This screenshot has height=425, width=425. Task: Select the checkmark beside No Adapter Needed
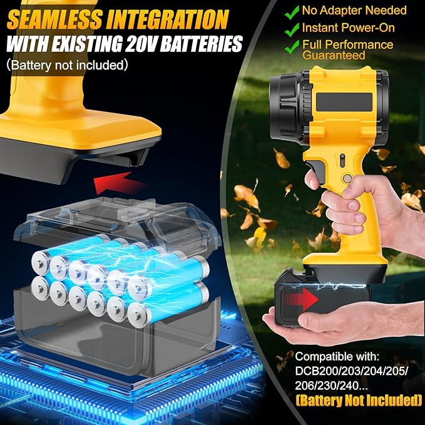tap(292, 11)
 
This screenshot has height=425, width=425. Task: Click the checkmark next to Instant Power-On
tap(292, 28)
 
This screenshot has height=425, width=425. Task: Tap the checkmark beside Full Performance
tap(292, 45)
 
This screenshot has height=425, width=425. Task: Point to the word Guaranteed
tap(334, 56)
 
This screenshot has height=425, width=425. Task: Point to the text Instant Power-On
tap(341, 28)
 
